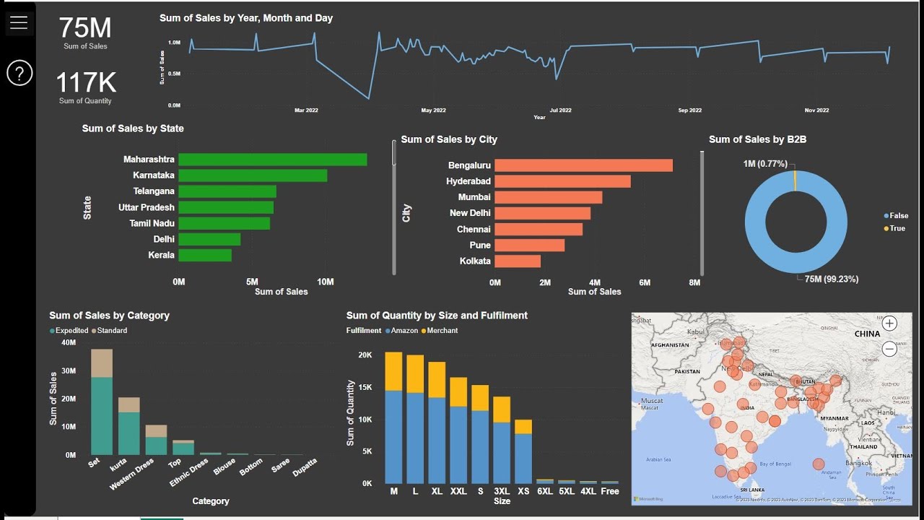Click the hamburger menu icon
click(19, 23)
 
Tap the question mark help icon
click(19, 73)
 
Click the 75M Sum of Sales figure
click(85, 28)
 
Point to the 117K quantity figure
click(85, 83)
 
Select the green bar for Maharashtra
click(272, 160)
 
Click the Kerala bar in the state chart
click(205, 255)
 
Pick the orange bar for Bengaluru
click(583, 165)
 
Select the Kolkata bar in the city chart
click(518, 261)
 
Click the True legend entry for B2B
click(897, 228)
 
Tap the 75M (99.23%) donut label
click(831, 279)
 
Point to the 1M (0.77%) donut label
click(765, 164)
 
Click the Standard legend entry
click(112, 331)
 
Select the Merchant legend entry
click(442, 331)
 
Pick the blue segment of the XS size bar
click(523, 459)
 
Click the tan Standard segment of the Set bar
click(102, 363)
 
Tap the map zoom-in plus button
click(889, 324)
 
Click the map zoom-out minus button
click(889, 349)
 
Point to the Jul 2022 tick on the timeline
click(560, 110)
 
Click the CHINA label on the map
click(867, 334)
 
